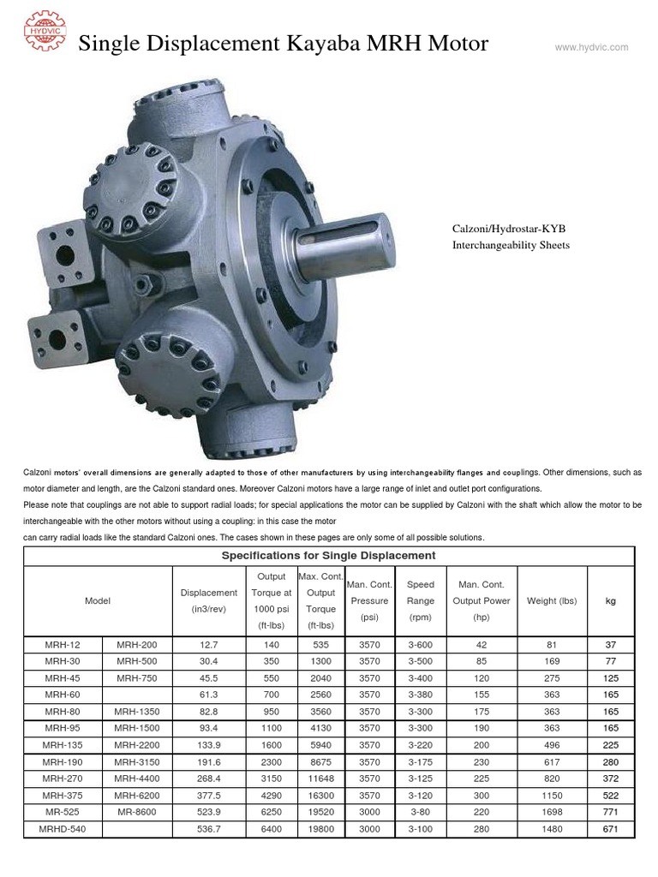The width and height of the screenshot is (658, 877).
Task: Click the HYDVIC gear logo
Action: (x=45, y=33)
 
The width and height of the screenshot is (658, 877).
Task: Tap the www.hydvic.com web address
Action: (x=591, y=47)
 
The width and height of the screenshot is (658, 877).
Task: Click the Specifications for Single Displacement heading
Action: (x=329, y=555)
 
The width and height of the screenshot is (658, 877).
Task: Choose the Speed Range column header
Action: (x=421, y=601)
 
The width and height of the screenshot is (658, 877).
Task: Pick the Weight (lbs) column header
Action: (x=552, y=601)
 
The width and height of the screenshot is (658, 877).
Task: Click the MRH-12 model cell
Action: (x=63, y=644)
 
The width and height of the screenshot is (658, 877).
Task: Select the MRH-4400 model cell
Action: (x=137, y=778)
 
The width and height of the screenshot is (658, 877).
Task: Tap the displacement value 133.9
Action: (x=209, y=744)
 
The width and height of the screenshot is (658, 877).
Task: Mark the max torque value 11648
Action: (x=320, y=778)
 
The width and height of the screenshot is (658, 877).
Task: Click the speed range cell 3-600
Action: (x=421, y=644)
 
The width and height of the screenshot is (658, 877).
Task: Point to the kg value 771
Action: (x=610, y=811)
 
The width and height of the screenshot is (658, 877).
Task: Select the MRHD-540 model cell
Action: (x=63, y=828)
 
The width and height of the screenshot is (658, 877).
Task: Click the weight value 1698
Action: (x=552, y=811)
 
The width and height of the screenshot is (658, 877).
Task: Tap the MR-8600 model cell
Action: (x=137, y=811)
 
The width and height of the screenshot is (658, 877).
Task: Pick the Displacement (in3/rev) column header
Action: (x=209, y=601)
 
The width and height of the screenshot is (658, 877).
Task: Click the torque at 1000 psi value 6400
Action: (x=271, y=828)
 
